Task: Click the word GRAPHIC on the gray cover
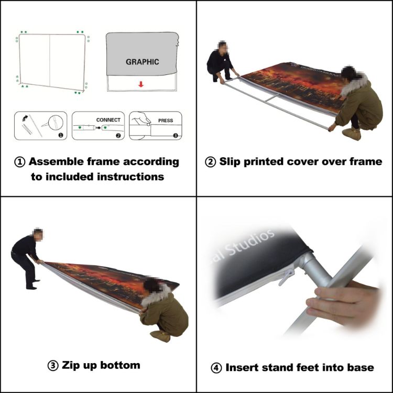(x=142, y=62)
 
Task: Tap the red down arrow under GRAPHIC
(x=141, y=83)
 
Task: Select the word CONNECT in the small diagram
(x=108, y=120)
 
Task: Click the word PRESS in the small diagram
(x=165, y=121)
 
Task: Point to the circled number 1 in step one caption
(x=19, y=162)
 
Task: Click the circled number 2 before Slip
(x=210, y=162)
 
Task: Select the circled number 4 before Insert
(x=216, y=368)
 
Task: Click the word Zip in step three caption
(x=73, y=365)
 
